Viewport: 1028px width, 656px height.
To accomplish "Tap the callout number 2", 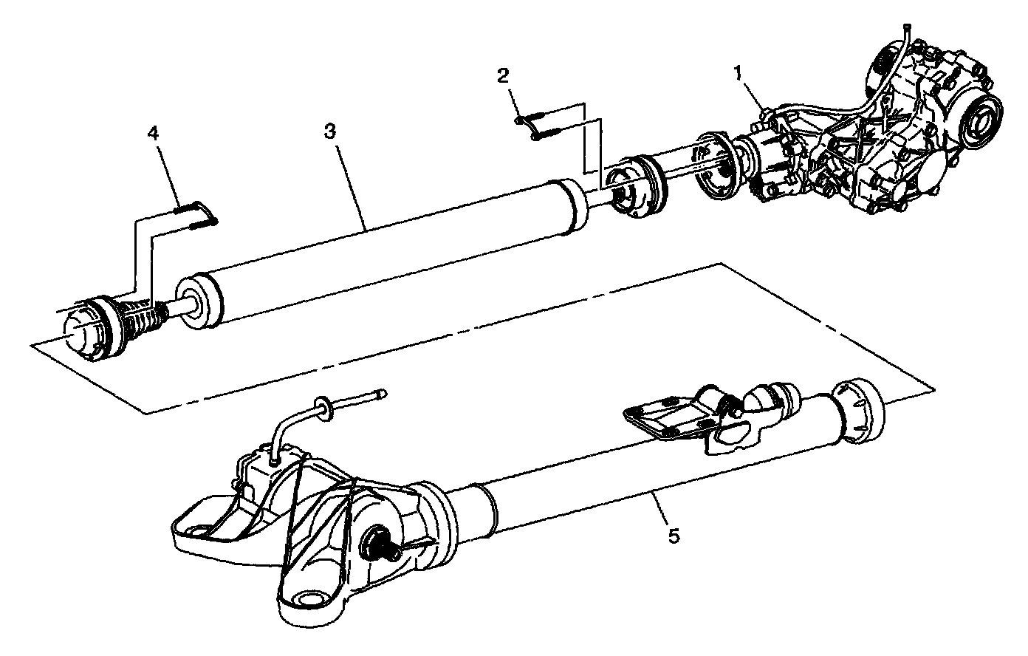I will click(x=503, y=75).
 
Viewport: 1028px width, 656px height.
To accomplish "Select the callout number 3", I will click(x=329, y=131).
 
